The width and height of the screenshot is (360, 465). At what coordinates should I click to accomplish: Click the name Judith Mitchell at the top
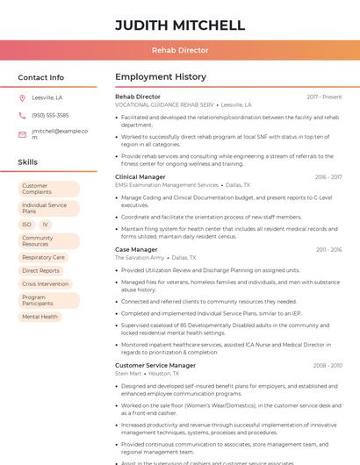tap(180, 25)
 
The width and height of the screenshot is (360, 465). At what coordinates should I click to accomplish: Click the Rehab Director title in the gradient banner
tap(180, 50)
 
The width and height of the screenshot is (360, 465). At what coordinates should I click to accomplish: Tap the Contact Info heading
tap(40, 77)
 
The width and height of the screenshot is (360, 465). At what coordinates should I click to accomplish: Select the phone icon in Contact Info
tap(22, 115)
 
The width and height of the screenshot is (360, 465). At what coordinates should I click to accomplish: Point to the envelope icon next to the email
tap(22, 134)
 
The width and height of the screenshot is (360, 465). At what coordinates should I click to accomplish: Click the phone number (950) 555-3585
tap(50, 115)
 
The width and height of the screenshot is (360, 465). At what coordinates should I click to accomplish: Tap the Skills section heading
tap(28, 162)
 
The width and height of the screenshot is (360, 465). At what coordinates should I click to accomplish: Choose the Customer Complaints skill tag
tap(48, 189)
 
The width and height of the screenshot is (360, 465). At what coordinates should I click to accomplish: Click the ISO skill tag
tap(27, 225)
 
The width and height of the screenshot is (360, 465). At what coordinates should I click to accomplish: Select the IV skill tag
tap(45, 225)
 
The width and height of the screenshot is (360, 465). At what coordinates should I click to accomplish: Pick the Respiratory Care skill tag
tap(43, 257)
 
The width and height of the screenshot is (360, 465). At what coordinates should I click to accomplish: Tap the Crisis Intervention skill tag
tap(45, 283)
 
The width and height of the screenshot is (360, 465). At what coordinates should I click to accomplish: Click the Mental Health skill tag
tap(40, 316)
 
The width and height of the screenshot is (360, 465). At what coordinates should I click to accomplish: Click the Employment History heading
tap(160, 77)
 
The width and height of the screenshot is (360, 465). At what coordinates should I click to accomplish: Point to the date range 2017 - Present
tap(324, 97)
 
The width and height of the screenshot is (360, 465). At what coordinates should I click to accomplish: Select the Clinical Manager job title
tap(140, 176)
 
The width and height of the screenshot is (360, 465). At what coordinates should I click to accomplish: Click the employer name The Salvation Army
tap(140, 258)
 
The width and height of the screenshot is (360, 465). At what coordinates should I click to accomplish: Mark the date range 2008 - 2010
tap(327, 365)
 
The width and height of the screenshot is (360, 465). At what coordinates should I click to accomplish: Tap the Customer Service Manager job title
tap(155, 365)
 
